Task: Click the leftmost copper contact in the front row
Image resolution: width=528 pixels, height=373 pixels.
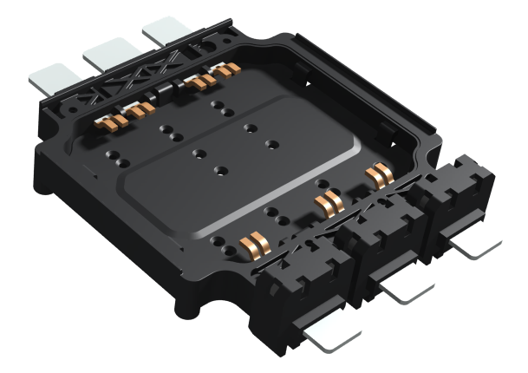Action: (x=252, y=244)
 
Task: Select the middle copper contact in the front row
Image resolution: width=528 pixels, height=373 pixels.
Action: (x=327, y=206)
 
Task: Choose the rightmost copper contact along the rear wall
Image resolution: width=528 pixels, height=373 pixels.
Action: (x=227, y=72)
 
